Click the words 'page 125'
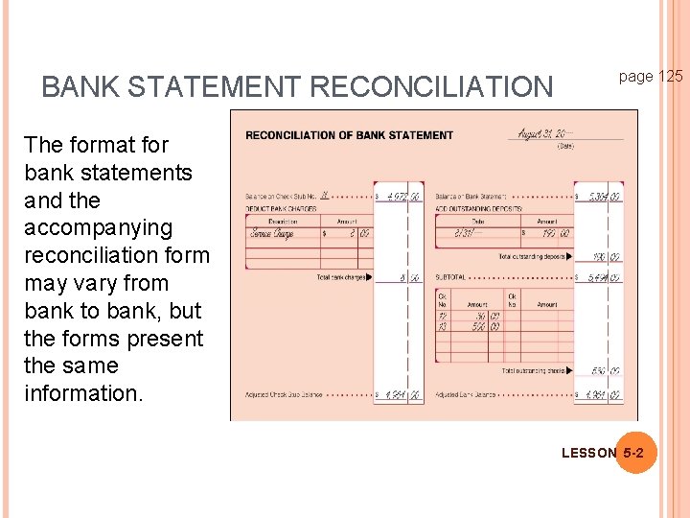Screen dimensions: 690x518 click(651, 76)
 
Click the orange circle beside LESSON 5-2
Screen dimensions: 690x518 click(634, 452)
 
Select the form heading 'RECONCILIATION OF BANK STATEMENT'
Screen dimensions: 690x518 click(349, 135)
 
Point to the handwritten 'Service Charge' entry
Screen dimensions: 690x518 click(271, 233)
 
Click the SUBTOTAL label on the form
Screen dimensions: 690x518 click(450, 278)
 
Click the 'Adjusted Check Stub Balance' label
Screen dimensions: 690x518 click(283, 394)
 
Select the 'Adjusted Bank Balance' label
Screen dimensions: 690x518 click(465, 394)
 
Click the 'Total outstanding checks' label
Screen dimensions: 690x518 click(535, 370)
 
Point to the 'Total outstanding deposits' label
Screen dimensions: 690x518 click(533, 257)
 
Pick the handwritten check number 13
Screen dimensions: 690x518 click(444, 326)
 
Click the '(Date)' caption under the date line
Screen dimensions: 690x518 click(565, 147)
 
